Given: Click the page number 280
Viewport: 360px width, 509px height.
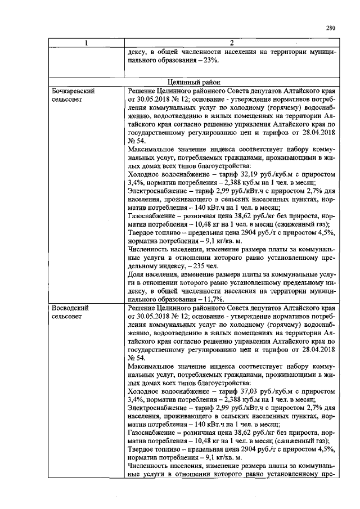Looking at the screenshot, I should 330,28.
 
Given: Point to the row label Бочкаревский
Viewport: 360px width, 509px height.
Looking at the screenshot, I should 73,90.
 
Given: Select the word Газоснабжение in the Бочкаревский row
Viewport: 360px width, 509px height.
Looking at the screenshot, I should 151,217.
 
